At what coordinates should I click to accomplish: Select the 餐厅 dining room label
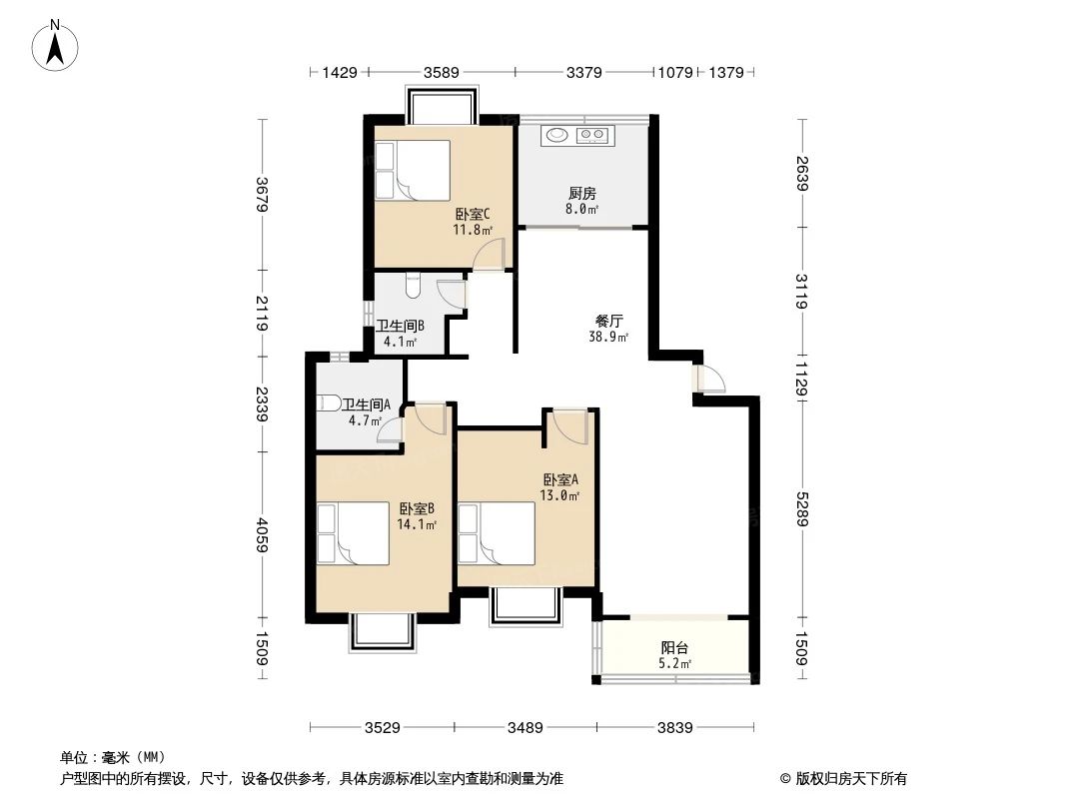coord(608,322)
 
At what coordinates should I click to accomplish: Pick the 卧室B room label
coord(416,507)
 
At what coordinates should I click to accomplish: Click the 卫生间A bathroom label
coord(366,404)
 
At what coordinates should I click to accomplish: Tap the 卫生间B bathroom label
coord(401,326)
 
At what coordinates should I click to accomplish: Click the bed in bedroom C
coord(411,171)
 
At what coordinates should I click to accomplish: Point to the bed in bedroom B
coord(351,534)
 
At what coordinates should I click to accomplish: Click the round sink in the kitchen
coord(554,134)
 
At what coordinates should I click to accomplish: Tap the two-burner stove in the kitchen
coord(593,134)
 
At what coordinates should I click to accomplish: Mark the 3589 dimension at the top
coord(441,72)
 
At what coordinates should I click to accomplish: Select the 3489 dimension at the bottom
coord(526,728)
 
